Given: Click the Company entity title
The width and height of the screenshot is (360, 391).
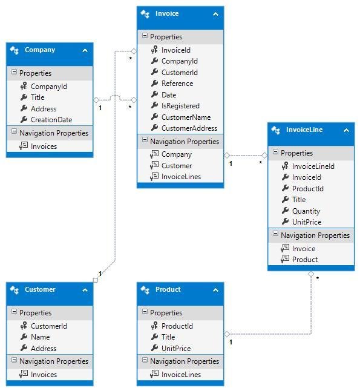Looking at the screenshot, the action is click(40, 50).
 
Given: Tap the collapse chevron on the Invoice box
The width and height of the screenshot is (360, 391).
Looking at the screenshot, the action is click(215, 15).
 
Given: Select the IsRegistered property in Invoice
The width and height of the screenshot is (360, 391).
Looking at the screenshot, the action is click(180, 106).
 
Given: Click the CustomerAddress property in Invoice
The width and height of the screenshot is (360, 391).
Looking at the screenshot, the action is click(189, 128).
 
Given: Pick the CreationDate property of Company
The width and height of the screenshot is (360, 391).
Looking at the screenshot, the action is click(51, 120).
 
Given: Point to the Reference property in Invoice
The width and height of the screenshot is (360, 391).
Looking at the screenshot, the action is click(177, 84).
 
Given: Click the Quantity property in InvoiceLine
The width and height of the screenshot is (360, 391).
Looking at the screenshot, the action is click(306, 211).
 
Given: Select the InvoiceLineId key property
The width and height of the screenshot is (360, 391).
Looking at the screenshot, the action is click(313, 166).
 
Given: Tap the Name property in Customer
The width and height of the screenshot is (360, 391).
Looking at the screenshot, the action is click(40, 337).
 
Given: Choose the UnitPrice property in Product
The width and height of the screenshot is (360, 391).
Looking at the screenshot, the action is click(176, 349).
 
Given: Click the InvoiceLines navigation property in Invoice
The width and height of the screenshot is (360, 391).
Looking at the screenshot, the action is click(181, 177).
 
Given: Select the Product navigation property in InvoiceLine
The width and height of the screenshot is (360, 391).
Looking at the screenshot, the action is click(305, 260).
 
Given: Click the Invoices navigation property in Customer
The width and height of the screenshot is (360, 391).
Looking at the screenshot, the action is click(44, 375).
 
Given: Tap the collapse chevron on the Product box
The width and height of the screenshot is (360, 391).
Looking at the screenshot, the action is click(215, 291).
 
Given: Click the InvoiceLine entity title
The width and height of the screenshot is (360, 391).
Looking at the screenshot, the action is click(304, 130).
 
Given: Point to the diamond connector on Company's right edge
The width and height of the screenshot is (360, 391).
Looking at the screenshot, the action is click(96, 100).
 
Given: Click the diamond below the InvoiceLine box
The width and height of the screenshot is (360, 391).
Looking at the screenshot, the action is click(311, 274).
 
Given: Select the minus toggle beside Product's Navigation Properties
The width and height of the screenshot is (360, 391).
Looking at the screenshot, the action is click(145, 360).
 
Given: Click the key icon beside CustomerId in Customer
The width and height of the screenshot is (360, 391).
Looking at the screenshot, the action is click(24, 326).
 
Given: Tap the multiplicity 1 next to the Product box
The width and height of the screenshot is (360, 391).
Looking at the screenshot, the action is click(231, 342).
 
